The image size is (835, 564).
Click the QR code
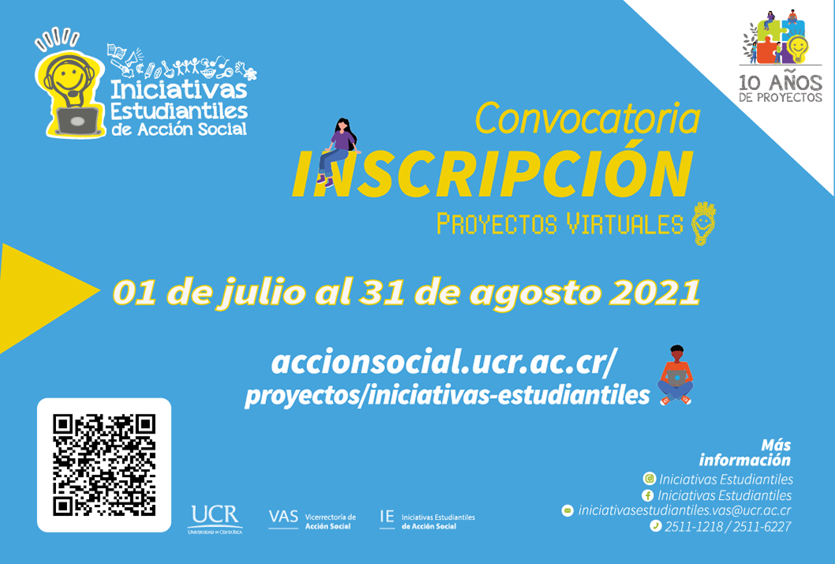coord(104,464)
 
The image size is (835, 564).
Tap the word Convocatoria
coord(587,118)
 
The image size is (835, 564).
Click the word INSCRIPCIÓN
coord(492,173)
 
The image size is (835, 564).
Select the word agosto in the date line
coord(534,295)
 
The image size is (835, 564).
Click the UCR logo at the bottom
coord(215,519)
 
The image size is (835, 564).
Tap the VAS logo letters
coord(283,517)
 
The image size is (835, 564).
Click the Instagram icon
coord(650,478)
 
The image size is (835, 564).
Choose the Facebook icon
coord(647,495)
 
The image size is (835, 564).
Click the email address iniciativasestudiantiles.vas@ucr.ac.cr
coord(684,510)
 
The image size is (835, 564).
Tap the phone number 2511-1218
coord(694,527)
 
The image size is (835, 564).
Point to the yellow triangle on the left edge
coord(48,298)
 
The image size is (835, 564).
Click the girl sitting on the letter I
coord(339,152)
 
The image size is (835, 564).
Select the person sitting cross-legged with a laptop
coord(676,375)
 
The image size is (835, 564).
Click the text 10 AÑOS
coord(781,83)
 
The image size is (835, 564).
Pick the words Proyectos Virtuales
coord(560,224)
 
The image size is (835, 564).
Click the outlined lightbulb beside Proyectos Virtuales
coord(703,224)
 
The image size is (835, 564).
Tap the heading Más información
coord(745,453)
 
